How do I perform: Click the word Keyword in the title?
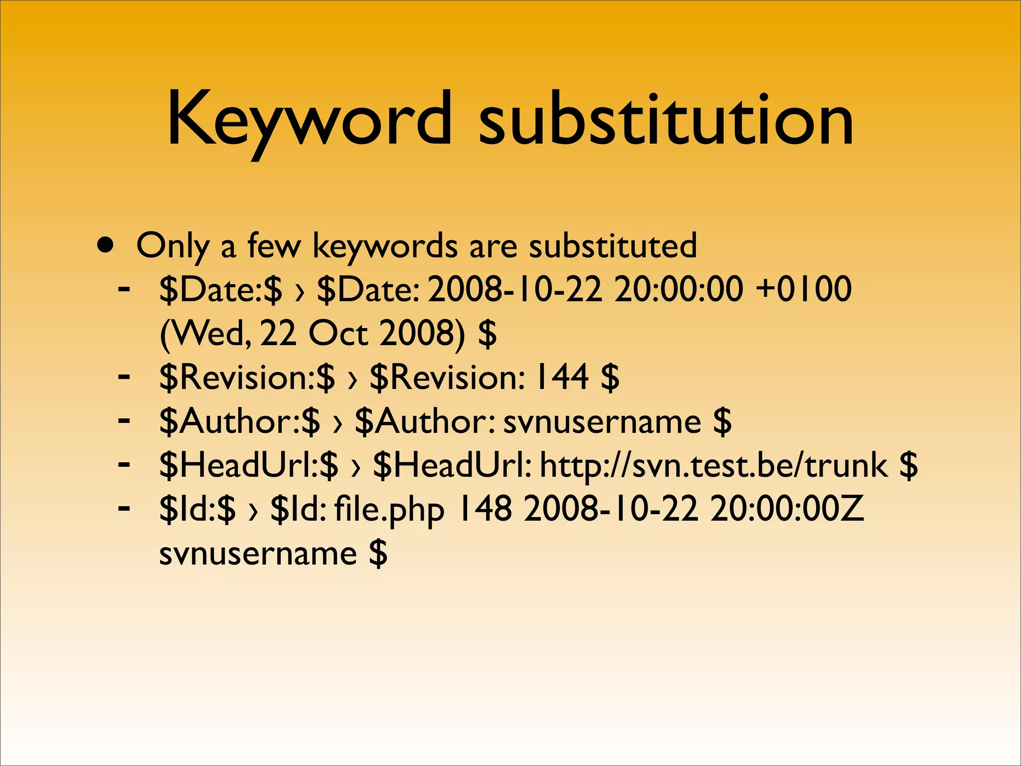tap(309, 120)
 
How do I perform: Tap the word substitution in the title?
tap(666, 120)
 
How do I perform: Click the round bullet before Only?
tap(105, 245)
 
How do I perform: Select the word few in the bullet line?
tap(274, 245)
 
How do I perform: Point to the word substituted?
tap(613, 245)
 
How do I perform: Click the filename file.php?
tap(389, 510)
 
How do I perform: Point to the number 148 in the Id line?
tap(484, 509)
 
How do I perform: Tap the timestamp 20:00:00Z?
tap(787, 509)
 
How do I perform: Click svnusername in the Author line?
tap(602, 422)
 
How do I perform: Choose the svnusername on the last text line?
tap(258, 554)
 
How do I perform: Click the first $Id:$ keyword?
tap(197, 509)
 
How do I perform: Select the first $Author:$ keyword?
tap(240, 421)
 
